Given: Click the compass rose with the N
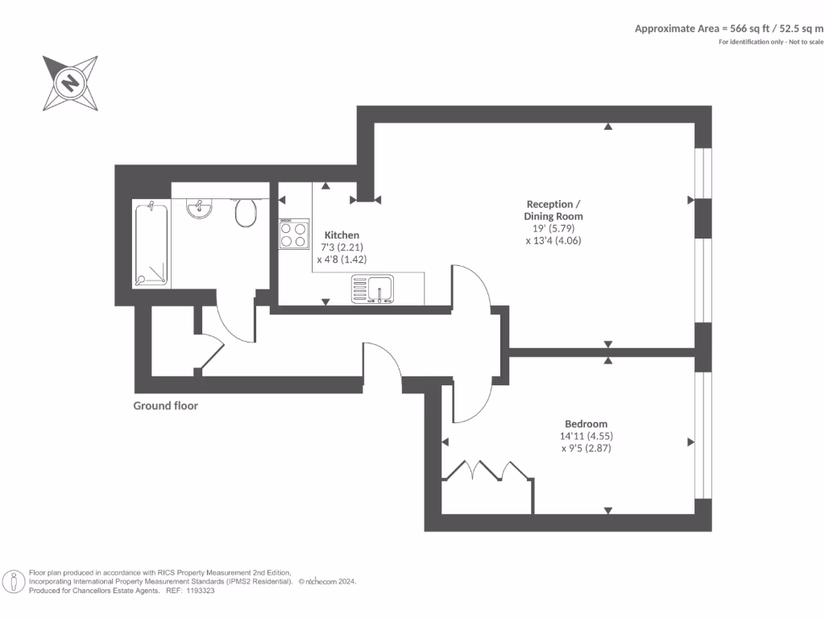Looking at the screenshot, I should click(71, 83).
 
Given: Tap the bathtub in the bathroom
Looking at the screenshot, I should click(152, 244).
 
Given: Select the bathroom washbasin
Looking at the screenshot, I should click(199, 210).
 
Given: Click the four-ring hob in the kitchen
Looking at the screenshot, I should click(293, 234).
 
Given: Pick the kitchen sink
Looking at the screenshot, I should click(372, 289).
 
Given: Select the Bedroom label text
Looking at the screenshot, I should click(586, 424).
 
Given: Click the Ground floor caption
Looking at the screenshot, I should click(165, 406).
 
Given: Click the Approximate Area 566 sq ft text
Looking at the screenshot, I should click(728, 28).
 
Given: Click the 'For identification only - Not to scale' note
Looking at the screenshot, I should click(770, 42).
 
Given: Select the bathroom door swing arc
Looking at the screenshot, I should click(230, 326).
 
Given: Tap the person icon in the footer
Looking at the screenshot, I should click(14, 581).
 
